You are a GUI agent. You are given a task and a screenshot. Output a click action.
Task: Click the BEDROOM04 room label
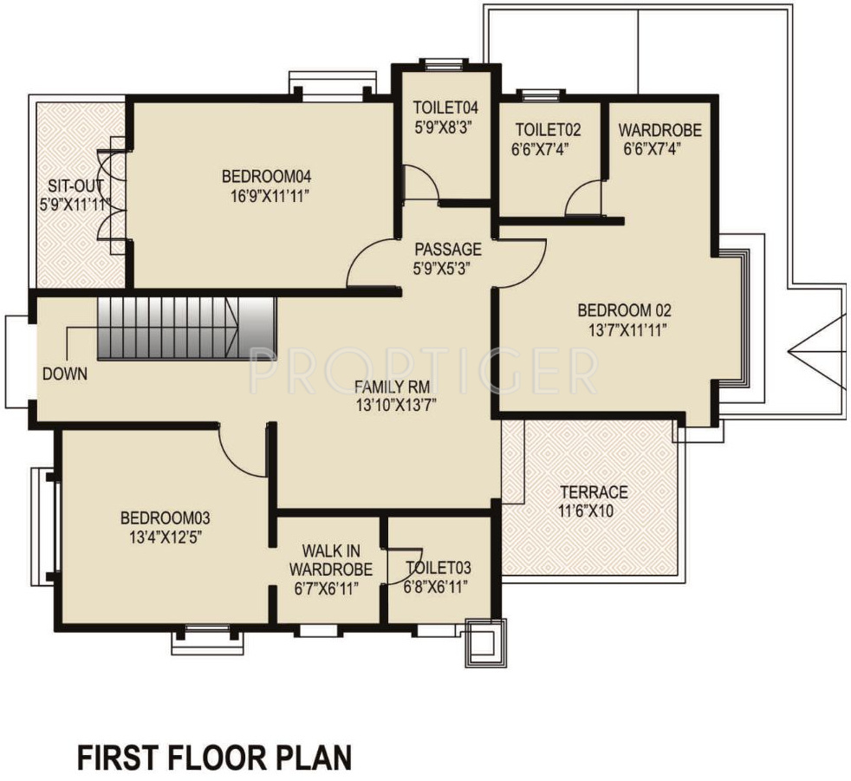point(266,177)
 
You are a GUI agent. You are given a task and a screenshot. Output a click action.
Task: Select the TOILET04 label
point(445,107)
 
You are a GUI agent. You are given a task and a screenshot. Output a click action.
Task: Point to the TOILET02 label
point(548,130)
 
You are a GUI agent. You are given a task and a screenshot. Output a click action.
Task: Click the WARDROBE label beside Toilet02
point(660,130)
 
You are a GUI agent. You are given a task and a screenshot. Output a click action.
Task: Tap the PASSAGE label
point(448,249)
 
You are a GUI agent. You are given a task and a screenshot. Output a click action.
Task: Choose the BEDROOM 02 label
point(624,310)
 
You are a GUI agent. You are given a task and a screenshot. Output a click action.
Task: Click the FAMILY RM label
point(392,387)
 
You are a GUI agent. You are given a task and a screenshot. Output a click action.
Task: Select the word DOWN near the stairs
point(65,374)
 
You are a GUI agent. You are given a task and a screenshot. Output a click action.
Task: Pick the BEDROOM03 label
point(165,517)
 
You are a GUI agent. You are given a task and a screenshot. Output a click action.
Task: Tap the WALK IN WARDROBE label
point(330,560)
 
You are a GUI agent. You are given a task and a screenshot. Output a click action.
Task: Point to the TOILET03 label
point(438,569)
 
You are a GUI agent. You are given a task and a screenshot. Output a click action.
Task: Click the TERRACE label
point(594,492)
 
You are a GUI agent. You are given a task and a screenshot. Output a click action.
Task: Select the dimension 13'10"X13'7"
point(396,406)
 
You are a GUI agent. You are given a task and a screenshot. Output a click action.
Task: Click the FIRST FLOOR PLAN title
point(214,757)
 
